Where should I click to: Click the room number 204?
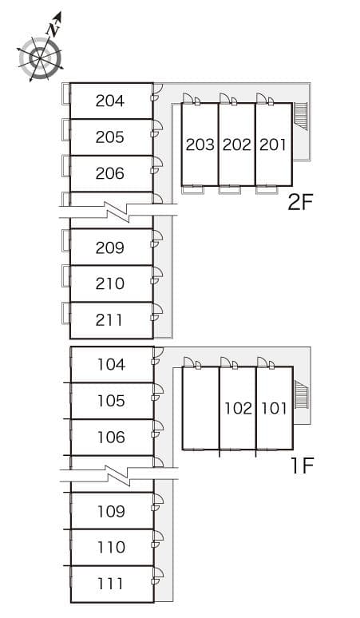[110, 101]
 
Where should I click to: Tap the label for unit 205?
[110, 137]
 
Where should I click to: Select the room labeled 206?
[110, 173]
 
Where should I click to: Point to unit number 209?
[110, 248]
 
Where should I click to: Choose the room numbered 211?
[109, 320]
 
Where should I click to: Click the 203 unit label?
[200, 145]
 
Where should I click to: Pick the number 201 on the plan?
[272, 145]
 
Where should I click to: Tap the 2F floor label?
[300, 203]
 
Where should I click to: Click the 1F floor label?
[302, 466]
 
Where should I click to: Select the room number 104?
[112, 365]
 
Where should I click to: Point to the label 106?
[112, 437]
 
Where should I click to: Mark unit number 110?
[112, 547]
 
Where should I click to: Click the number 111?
[110, 584]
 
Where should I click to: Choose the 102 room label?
[239, 408]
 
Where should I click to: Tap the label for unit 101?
[274, 408]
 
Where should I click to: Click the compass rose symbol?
[40, 58]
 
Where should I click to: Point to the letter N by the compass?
[53, 30]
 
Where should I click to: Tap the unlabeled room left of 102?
[201, 408]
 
